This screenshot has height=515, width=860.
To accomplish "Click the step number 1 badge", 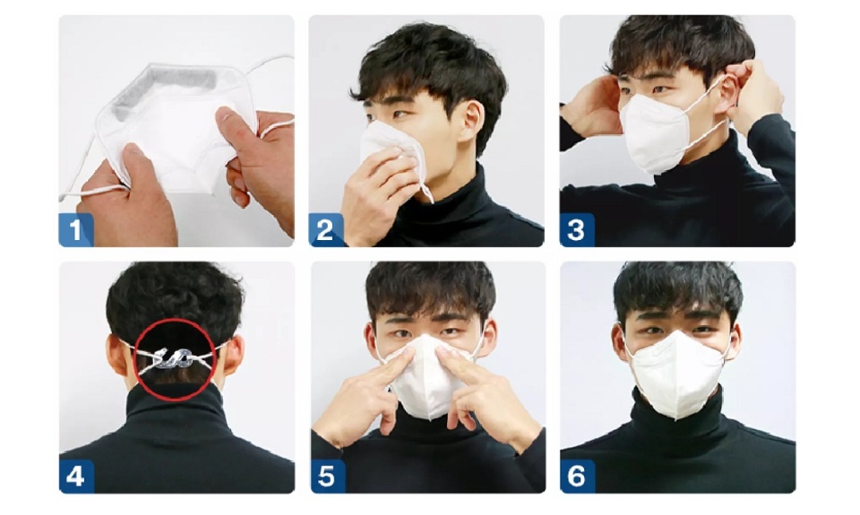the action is (75, 230).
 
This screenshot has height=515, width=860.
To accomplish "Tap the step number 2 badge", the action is (326, 230).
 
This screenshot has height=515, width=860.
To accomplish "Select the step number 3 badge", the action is (576, 230).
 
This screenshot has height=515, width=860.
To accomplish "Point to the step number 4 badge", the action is (75, 476).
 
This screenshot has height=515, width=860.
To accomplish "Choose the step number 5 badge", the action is (328, 476).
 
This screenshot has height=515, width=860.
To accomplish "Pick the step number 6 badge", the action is (576, 476).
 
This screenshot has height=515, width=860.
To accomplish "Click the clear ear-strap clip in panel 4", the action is (172, 358).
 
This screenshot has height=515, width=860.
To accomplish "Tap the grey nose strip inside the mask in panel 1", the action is (165, 88).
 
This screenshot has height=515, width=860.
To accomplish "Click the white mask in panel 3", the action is (653, 133).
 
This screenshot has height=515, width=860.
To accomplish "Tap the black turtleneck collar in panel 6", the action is (677, 412).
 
